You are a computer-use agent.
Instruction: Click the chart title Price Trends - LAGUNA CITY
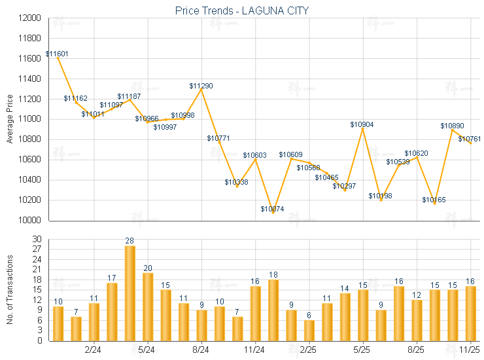[x=242, y=10]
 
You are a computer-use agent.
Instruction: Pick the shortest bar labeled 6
[x=309, y=330]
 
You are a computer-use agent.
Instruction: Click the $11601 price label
[x=57, y=54]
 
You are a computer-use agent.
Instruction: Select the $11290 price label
[x=201, y=86]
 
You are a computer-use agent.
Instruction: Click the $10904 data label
[x=362, y=124]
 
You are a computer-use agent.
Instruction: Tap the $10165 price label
[x=434, y=200]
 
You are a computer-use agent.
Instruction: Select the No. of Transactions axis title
[x=10, y=289]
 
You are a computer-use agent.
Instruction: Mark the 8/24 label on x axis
[x=201, y=349]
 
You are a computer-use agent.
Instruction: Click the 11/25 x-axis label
[x=470, y=349]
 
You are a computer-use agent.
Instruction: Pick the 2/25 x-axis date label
[x=309, y=349]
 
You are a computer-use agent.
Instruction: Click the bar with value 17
[x=112, y=312]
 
